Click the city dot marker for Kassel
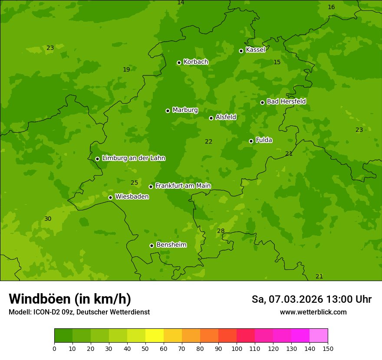[241, 51]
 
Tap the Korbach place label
[196, 62]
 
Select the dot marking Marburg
[168, 111]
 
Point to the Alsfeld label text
[226, 117]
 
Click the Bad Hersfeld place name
[286, 101]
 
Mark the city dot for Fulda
[251, 141]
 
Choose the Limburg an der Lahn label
[133, 158]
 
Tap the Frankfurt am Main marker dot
[151, 187]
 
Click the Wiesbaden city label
[132, 197]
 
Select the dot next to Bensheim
[151, 245]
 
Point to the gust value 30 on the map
[48, 219]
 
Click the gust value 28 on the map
[221, 231]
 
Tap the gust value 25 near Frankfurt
[134, 183]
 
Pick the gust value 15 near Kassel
[277, 62]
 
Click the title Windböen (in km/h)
[70, 299]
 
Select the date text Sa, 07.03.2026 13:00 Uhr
[311, 299]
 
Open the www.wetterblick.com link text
[313, 312]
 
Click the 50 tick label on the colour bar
[145, 349]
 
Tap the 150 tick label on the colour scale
[328, 349]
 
